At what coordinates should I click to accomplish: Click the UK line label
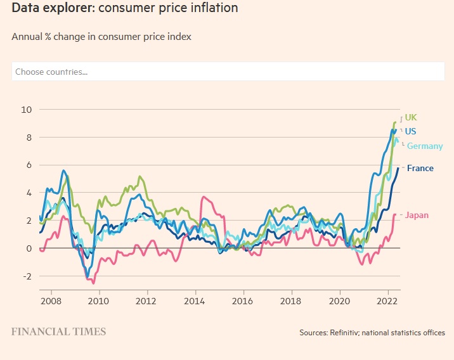[x=411, y=118]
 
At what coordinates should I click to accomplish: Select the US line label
[x=410, y=132]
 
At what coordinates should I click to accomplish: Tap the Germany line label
[x=424, y=146]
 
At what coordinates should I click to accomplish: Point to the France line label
[x=420, y=169]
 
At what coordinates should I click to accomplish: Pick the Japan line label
[x=417, y=215]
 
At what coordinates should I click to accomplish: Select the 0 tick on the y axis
[x=28, y=248]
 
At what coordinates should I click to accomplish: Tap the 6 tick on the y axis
[x=28, y=165]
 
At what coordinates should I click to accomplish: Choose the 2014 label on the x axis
[x=195, y=300]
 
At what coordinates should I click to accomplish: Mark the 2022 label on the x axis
[x=387, y=300]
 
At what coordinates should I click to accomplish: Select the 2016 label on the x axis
[x=243, y=300]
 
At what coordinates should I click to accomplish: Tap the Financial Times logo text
[x=59, y=331]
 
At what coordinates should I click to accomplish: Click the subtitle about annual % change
[x=101, y=37]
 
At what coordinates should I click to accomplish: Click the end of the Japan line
[x=395, y=214]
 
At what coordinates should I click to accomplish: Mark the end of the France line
[x=398, y=168]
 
